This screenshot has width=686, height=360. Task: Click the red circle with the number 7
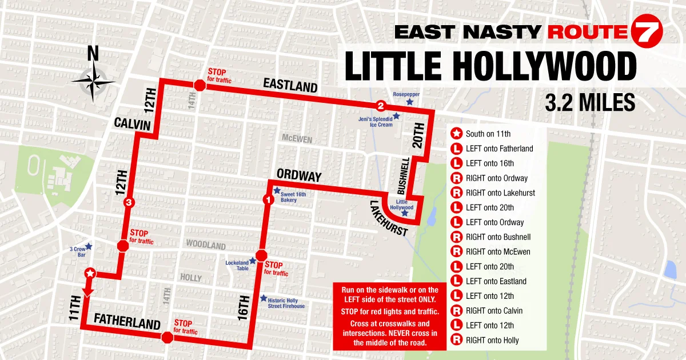(647, 32)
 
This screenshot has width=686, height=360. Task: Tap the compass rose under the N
(93, 81)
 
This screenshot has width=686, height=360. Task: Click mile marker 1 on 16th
(266, 199)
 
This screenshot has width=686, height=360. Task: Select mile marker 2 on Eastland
(381, 106)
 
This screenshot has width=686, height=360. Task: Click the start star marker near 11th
(89, 274)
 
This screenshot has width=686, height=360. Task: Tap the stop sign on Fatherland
(167, 337)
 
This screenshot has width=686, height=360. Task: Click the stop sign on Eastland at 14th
(200, 86)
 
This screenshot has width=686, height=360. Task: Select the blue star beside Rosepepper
(409, 102)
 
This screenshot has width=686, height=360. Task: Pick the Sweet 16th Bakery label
(293, 198)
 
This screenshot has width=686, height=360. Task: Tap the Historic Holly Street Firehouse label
(286, 303)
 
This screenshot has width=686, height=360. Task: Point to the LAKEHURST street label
(388, 219)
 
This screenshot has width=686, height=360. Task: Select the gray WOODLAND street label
(206, 245)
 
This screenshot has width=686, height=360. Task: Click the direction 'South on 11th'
(488, 134)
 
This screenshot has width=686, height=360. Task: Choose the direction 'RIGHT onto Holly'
(492, 341)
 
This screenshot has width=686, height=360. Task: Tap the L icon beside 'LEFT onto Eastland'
(457, 281)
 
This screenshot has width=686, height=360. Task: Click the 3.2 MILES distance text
(590, 102)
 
